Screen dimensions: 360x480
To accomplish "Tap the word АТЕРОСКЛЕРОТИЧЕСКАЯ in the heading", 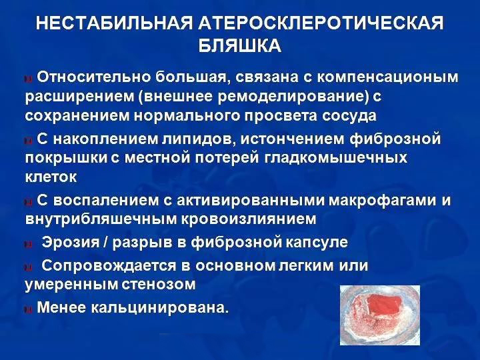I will [x=321, y=24].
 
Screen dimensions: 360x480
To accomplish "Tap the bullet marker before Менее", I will [x=27, y=309].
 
